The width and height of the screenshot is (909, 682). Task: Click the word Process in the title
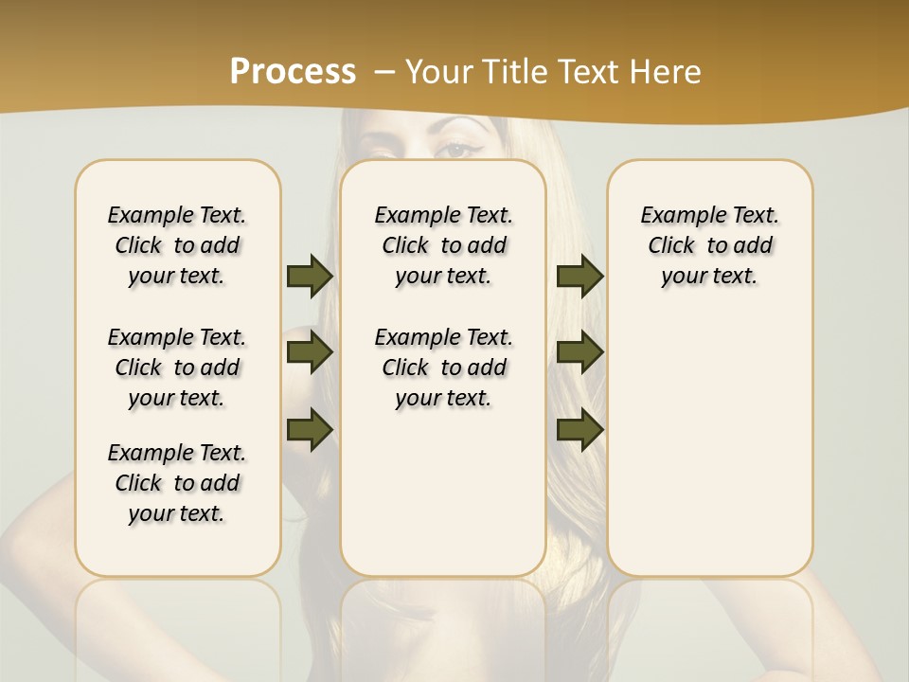293,72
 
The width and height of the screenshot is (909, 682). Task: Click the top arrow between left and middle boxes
310,276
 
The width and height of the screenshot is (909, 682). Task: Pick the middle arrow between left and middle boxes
310,352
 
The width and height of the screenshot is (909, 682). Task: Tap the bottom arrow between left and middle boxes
310,430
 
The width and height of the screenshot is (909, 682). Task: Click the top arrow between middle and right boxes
579,276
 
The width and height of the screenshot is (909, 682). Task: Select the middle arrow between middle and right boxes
579,352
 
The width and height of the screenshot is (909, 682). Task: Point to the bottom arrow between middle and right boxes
579,430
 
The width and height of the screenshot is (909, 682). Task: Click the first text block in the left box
177,245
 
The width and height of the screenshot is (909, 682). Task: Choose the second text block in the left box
177,368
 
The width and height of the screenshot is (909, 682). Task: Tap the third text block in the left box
177,483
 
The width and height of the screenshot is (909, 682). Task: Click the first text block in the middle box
444,245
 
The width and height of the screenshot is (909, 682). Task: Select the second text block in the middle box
444,368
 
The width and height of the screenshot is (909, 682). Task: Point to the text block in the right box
710,245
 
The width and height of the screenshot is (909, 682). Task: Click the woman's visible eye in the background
456,149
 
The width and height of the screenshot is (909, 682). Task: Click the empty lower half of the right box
710,455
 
